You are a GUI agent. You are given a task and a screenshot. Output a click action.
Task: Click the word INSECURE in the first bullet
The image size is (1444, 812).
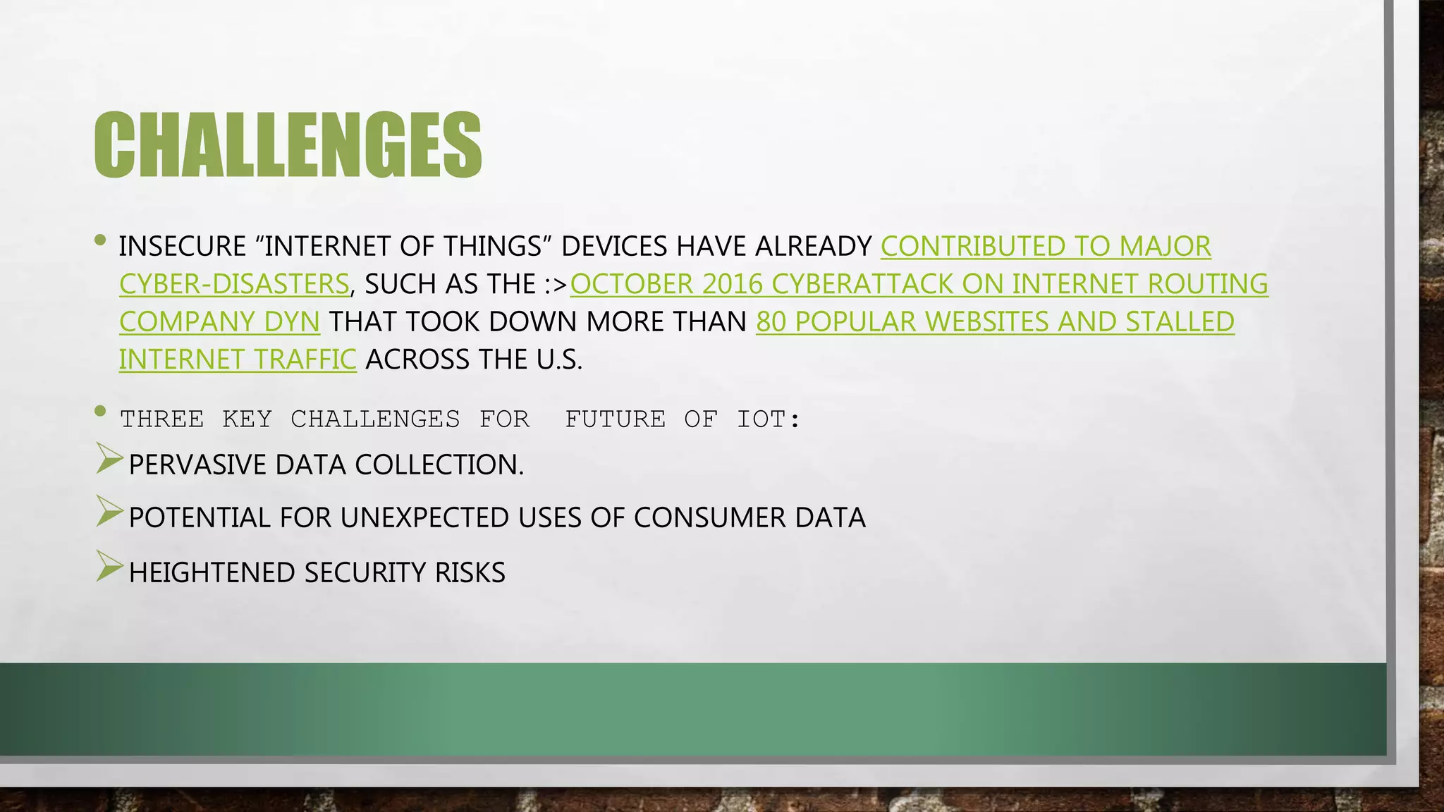183,247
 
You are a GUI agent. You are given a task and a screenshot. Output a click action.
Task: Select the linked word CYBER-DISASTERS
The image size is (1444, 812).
234,284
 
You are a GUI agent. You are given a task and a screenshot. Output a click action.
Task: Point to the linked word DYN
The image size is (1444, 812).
292,322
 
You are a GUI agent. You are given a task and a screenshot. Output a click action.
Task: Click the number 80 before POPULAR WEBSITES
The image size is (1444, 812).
771,322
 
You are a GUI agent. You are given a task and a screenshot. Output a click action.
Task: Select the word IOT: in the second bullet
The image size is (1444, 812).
769,419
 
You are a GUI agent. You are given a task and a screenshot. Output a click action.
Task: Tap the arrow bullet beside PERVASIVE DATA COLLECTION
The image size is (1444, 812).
109,460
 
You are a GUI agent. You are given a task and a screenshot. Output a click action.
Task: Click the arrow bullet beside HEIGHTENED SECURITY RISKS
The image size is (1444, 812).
109,566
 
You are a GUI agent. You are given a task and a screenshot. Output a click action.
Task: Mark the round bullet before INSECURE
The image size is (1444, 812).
100,241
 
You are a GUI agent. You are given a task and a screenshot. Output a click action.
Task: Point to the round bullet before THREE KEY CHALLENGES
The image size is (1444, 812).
100,411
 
